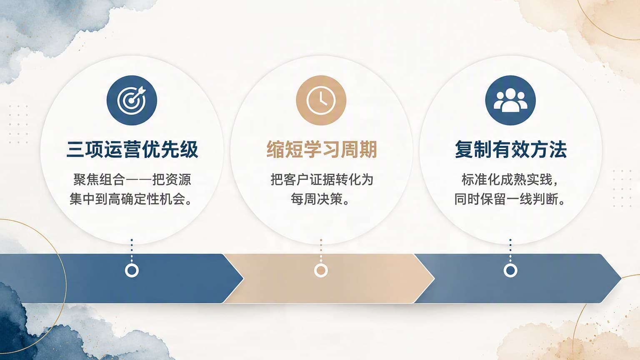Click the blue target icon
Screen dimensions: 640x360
(132, 100)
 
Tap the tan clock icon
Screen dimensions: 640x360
(321, 100)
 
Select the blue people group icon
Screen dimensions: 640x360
(510, 100)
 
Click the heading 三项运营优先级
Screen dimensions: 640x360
(132, 149)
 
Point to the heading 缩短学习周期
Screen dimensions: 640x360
(321, 149)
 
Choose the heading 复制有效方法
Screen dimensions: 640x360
(510, 149)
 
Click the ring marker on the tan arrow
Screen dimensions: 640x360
(321, 270)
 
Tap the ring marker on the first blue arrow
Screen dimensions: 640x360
(132, 270)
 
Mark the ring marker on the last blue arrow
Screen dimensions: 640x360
(510, 270)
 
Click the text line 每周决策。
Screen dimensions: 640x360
(320, 199)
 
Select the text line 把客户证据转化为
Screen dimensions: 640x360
(322, 180)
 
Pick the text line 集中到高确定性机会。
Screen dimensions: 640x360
(131, 199)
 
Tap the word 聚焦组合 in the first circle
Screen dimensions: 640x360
(99, 180)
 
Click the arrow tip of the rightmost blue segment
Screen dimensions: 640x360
(621, 278)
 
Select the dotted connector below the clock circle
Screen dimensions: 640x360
(321, 250)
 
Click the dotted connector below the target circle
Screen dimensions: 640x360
(132, 250)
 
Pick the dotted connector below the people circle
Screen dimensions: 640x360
(510, 250)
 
